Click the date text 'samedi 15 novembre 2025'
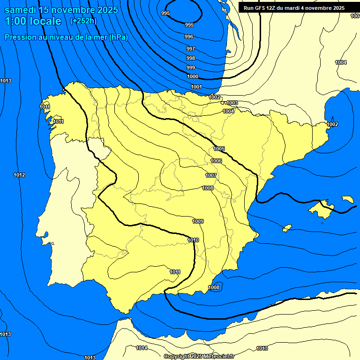(x=61, y=10)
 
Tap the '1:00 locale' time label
(x=33, y=21)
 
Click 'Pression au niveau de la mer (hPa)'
(x=66, y=37)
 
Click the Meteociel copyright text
(x=199, y=356)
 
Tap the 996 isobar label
(x=189, y=37)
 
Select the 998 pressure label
(x=191, y=58)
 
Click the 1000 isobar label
(x=193, y=76)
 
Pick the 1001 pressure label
(x=196, y=87)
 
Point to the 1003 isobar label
(x=232, y=103)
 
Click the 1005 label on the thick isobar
(x=219, y=149)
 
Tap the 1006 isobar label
(x=216, y=161)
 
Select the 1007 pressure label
(x=211, y=175)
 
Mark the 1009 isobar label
(x=198, y=221)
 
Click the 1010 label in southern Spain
(x=193, y=240)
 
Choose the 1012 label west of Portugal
(x=19, y=175)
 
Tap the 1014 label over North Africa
(x=142, y=348)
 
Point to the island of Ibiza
(x=287, y=228)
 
